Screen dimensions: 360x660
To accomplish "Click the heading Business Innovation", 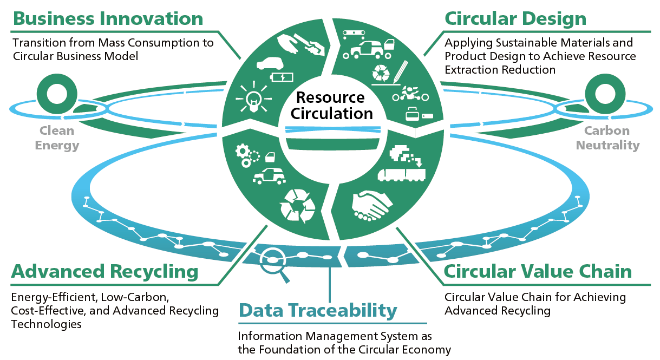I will tap(108, 18).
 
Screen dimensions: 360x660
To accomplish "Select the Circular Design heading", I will tap(515, 18).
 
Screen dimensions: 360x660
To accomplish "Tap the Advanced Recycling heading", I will tap(104, 271).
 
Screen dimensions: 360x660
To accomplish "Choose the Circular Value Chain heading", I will tap(538, 271).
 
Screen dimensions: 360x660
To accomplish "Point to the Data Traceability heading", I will tap(318, 311).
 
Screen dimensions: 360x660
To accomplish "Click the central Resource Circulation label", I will tap(331, 106).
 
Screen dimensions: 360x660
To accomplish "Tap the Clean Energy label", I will tap(56, 138).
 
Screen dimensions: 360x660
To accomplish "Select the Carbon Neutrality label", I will tap(607, 138).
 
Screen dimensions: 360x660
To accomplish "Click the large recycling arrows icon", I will tap(297, 205).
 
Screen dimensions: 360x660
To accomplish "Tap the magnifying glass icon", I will tap(272, 261).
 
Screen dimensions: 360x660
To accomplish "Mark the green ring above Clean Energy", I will tap(55, 94).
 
